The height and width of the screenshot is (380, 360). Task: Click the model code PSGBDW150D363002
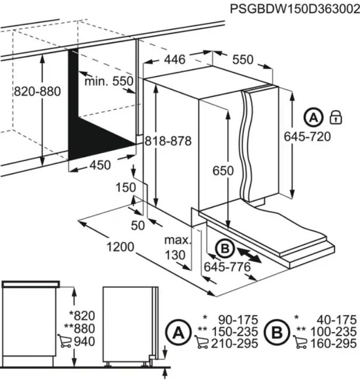295,9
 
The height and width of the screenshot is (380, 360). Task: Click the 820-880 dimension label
37,92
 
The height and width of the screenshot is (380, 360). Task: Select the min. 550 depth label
109,81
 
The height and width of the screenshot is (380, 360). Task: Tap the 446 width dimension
174,60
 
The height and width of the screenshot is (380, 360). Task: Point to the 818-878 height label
168,141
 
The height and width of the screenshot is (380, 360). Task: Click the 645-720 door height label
307,136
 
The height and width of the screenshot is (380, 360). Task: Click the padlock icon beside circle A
336,118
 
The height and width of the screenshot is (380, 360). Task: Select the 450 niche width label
100,165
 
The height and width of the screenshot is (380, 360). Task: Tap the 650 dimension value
223,171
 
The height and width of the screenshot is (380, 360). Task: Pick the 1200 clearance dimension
121,247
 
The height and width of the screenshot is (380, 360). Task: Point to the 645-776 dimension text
227,267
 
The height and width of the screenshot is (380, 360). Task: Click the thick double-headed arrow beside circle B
249,255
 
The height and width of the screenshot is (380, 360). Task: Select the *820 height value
82,316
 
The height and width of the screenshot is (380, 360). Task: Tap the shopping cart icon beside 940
64,341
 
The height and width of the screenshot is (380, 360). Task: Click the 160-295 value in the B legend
334,343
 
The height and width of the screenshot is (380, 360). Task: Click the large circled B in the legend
277,332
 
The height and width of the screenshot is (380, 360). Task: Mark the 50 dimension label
138,226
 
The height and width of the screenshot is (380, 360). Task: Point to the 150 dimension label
126,188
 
